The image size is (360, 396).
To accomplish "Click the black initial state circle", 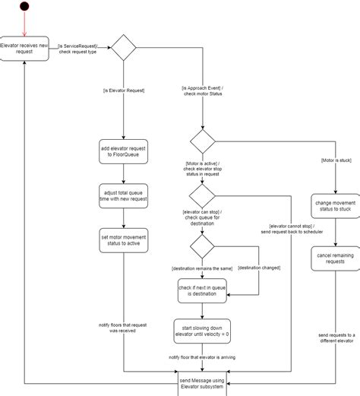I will pyautogui.click(x=25, y=8).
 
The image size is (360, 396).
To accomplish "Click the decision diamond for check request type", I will pyautogui.click(x=124, y=48).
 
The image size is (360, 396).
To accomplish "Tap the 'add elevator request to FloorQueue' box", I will pyautogui.click(x=124, y=151).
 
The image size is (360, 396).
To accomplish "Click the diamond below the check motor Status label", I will pyautogui.click(x=203, y=141).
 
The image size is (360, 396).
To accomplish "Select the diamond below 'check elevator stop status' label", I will pyautogui.click(x=203, y=195).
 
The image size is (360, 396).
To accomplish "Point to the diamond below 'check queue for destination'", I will pyautogui.click(x=203, y=246).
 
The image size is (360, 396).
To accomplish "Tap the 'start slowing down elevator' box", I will pyautogui.click(x=203, y=328).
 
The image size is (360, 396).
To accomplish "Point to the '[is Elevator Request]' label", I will pyautogui.click(x=124, y=91).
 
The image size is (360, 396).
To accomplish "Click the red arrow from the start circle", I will pyautogui.click(x=25, y=24).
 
